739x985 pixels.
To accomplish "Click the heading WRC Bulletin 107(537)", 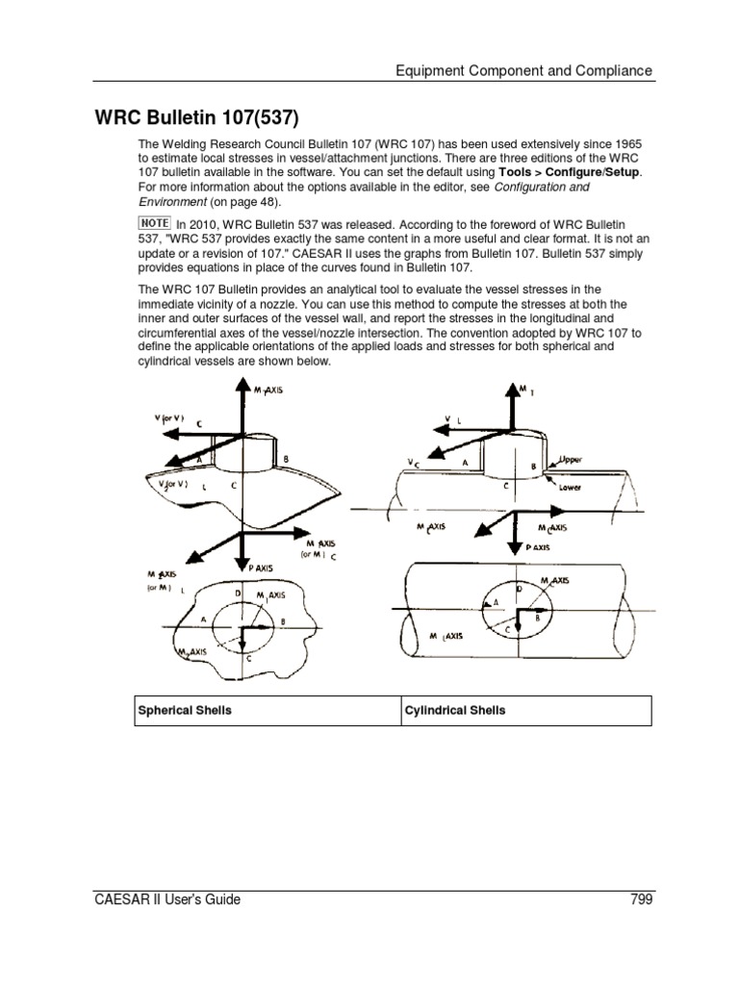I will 196,118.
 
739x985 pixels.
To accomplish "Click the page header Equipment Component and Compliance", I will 524,70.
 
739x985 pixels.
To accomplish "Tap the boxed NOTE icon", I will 154,222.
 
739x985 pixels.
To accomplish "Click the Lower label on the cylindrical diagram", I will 572,487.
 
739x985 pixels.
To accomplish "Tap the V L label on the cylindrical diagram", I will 450,419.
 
